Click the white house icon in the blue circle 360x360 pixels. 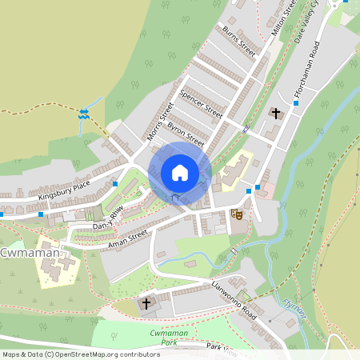coord(179,172)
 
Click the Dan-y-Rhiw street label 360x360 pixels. coord(108,215)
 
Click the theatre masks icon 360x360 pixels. coord(236,214)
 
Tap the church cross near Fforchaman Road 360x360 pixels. coord(276,114)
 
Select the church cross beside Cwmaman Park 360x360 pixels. coord(146,303)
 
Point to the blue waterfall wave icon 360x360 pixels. coord(82,114)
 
